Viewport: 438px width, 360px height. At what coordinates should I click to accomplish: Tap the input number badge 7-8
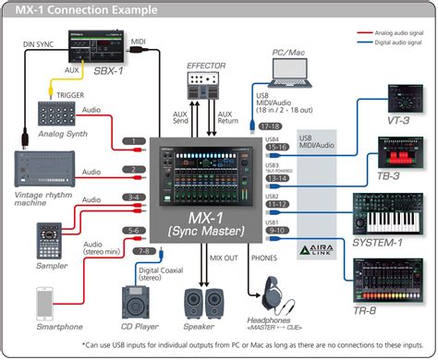(143, 249)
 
